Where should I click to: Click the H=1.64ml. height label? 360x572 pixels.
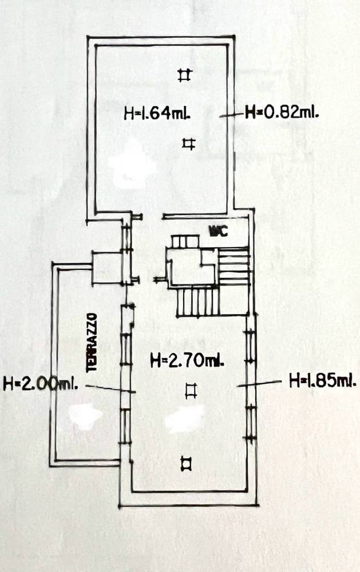(158, 113)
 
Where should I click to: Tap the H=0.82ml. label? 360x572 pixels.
(282, 112)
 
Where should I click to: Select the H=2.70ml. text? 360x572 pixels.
(187, 361)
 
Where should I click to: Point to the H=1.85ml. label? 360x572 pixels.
(323, 381)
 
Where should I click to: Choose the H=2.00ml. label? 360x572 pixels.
(40, 384)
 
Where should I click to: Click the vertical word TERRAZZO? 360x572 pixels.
(92, 342)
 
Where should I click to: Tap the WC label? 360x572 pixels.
(218, 231)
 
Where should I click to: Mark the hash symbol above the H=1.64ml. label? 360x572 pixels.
(184, 75)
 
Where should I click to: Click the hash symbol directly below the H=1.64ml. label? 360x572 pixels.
(189, 144)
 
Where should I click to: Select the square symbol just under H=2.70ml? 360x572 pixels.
(191, 390)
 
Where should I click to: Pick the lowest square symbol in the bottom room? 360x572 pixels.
(187, 464)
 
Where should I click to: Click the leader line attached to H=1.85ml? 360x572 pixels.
(259, 383)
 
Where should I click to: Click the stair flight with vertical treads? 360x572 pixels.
(198, 301)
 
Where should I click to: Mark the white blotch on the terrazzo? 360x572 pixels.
(86, 416)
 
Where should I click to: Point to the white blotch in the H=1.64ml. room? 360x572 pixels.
(134, 165)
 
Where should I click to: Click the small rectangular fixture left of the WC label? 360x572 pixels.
(185, 241)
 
